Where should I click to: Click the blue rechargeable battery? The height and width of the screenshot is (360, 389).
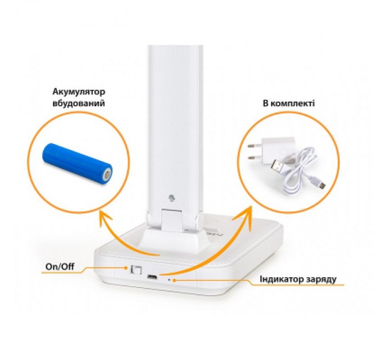click(x=77, y=163)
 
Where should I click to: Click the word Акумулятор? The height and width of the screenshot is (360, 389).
click(x=79, y=92)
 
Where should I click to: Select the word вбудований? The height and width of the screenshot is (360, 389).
click(x=79, y=103)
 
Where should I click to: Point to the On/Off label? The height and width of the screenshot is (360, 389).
click(x=60, y=267)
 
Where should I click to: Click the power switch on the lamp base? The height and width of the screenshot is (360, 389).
click(x=136, y=270)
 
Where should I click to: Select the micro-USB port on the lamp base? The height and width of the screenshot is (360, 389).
click(x=152, y=277)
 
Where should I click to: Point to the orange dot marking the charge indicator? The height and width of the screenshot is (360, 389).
click(x=174, y=280)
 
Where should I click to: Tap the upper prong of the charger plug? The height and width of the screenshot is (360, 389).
click(x=253, y=146)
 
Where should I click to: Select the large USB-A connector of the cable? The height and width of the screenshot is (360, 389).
click(x=280, y=166)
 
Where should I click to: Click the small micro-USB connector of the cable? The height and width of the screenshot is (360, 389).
click(x=321, y=185)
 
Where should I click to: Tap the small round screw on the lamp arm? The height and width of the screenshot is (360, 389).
click(x=172, y=198)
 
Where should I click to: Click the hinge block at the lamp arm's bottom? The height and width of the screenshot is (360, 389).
click(x=172, y=221)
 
